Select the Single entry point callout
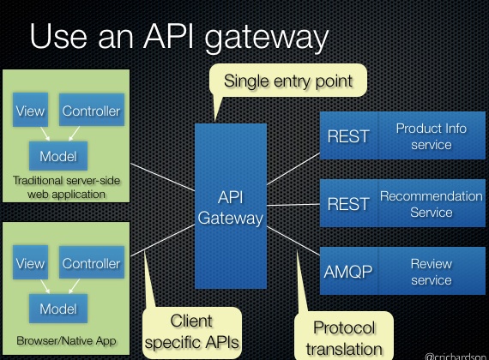(x=287, y=82)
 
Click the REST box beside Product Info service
(x=348, y=135)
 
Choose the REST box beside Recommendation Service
(x=348, y=204)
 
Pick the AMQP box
(x=348, y=272)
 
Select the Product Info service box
(x=431, y=135)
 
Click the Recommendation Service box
(x=431, y=204)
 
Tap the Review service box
(x=431, y=272)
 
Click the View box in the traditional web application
(x=30, y=111)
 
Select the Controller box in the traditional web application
(x=91, y=111)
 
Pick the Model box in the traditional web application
(x=57, y=156)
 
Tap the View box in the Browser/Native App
(x=30, y=264)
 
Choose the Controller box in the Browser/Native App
(x=91, y=264)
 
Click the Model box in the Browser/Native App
(x=57, y=307)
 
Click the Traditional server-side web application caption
(x=66, y=187)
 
